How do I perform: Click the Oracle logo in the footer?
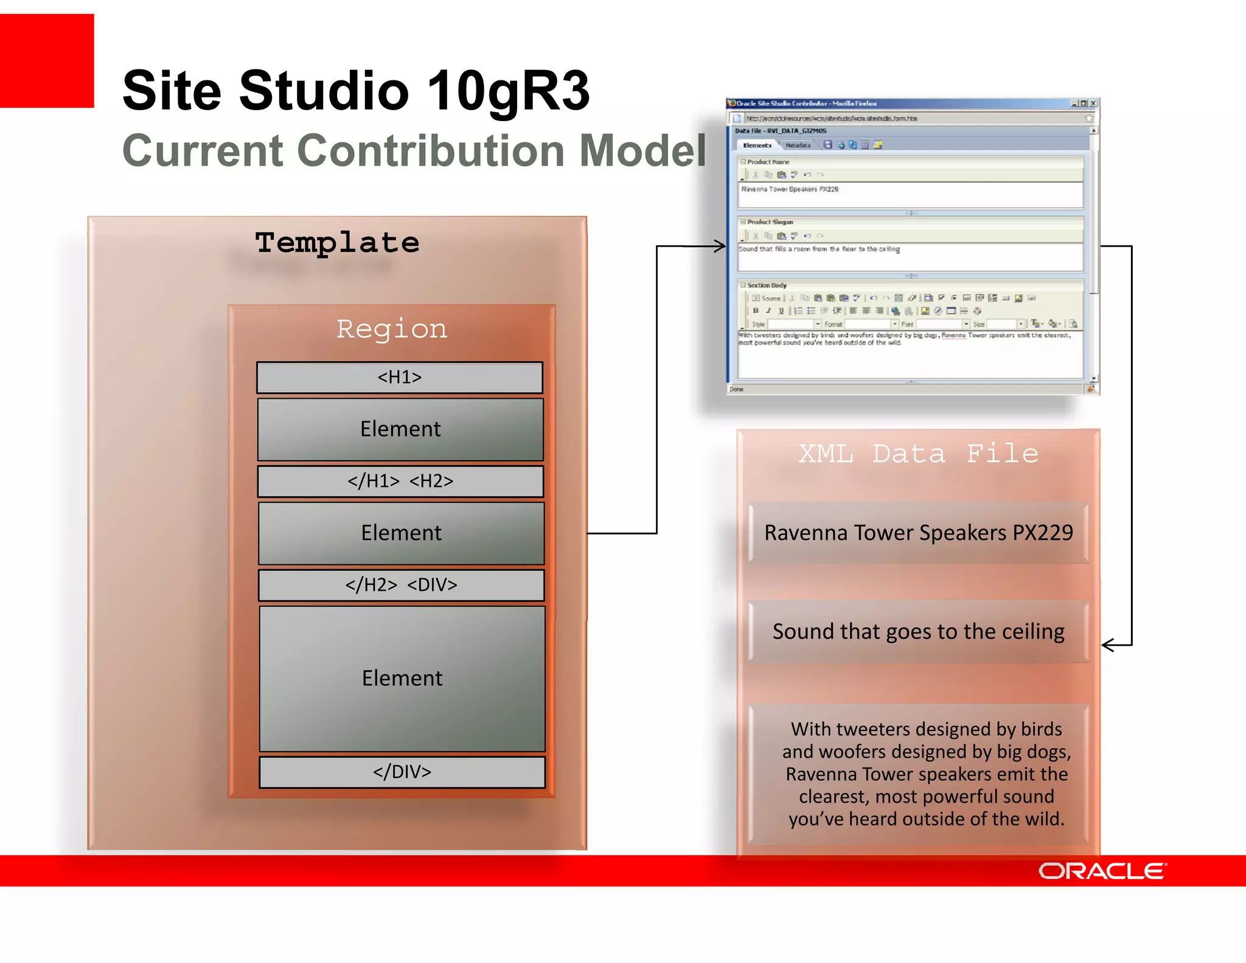(x=1102, y=871)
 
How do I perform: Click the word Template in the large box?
(x=337, y=243)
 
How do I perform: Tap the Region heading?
(x=392, y=329)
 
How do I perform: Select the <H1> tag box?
(x=399, y=377)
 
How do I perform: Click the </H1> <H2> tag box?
(x=400, y=482)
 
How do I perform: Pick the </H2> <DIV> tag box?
(x=401, y=585)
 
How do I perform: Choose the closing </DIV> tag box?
(x=402, y=772)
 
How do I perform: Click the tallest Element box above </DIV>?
(x=402, y=678)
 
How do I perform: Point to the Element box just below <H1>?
(x=400, y=429)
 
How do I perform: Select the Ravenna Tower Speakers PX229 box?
(x=918, y=533)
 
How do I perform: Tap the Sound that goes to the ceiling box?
(x=918, y=632)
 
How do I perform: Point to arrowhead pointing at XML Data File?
(x=1109, y=645)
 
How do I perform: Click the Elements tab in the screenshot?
(x=757, y=145)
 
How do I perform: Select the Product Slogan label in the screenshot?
(x=770, y=222)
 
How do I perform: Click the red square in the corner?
(x=47, y=60)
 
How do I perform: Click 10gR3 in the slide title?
(x=508, y=91)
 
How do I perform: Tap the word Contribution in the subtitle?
(x=431, y=150)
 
